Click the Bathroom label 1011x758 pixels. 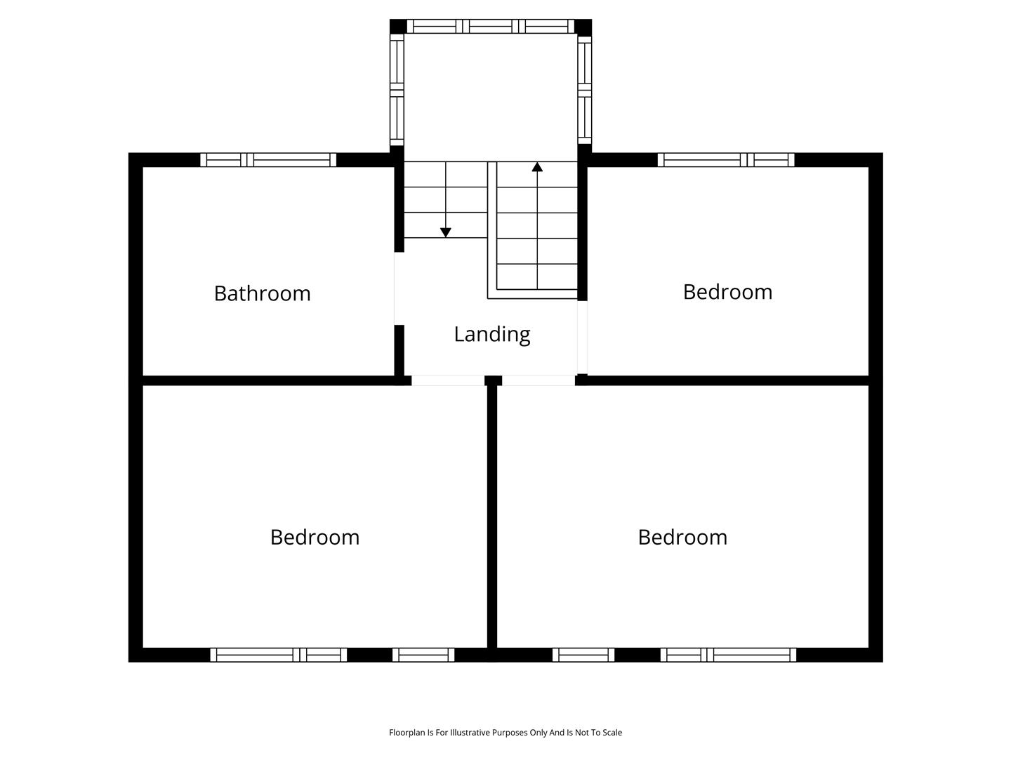pyautogui.click(x=262, y=293)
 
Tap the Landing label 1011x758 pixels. pyautogui.click(x=492, y=335)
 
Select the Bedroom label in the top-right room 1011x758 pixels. pyautogui.click(x=727, y=292)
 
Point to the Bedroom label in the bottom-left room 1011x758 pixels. pyautogui.click(x=315, y=537)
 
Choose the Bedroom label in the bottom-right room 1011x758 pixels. pyautogui.click(x=682, y=537)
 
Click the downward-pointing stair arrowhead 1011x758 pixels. pyautogui.click(x=445, y=232)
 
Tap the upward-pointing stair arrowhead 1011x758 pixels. pyautogui.click(x=537, y=166)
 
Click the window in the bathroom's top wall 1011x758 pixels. pyautogui.click(x=268, y=160)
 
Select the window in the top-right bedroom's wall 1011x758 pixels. pyautogui.click(x=726, y=160)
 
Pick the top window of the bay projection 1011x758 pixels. pyautogui.click(x=491, y=26)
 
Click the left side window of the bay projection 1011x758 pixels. pyautogui.click(x=397, y=90)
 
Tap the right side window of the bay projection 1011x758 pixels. pyautogui.click(x=585, y=90)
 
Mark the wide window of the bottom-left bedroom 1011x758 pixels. pyautogui.click(x=279, y=654)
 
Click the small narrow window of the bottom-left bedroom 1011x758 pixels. pyautogui.click(x=423, y=654)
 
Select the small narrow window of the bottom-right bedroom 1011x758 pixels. pyautogui.click(x=583, y=654)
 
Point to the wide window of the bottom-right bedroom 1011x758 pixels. pyautogui.click(x=728, y=654)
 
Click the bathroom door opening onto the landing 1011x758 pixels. pyautogui.click(x=399, y=288)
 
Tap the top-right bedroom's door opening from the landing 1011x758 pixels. pyautogui.click(x=582, y=338)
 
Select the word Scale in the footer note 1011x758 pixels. pyautogui.click(x=612, y=733)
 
